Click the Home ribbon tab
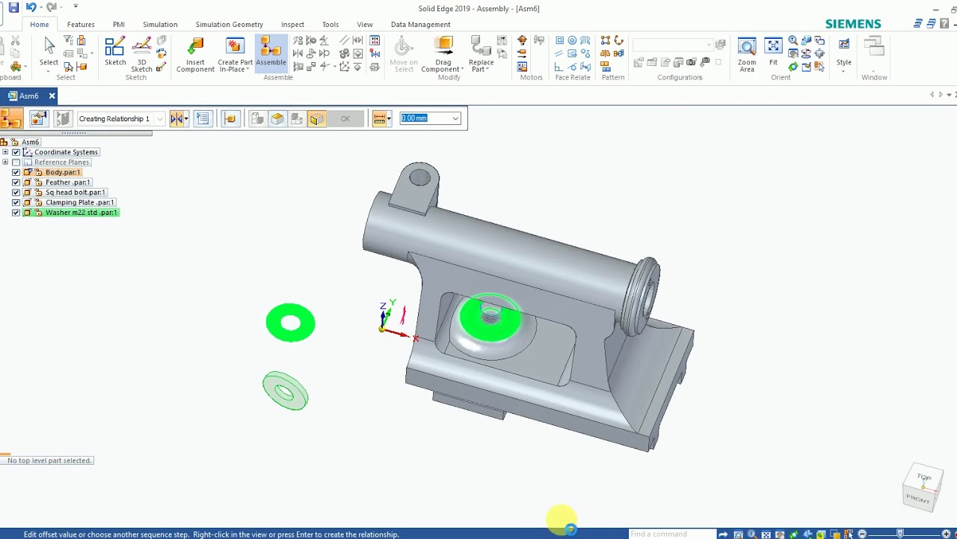tap(39, 25)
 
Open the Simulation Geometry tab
tap(229, 25)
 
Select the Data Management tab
tap(420, 25)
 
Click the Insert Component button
tap(195, 55)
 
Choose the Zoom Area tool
tap(746, 55)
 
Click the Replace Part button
tap(481, 55)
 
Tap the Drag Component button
tap(443, 55)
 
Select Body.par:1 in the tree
tap(62, 172)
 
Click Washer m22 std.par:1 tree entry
tap(81, 213)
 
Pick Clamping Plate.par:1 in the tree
tap(79, 202)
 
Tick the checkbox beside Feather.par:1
tap(16, 183)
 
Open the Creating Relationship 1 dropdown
tap(159, 119)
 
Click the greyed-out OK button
tap(345, 119)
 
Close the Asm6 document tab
tap(52, 96)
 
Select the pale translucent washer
tap(285, 391)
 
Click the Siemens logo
tap(853, 24)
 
